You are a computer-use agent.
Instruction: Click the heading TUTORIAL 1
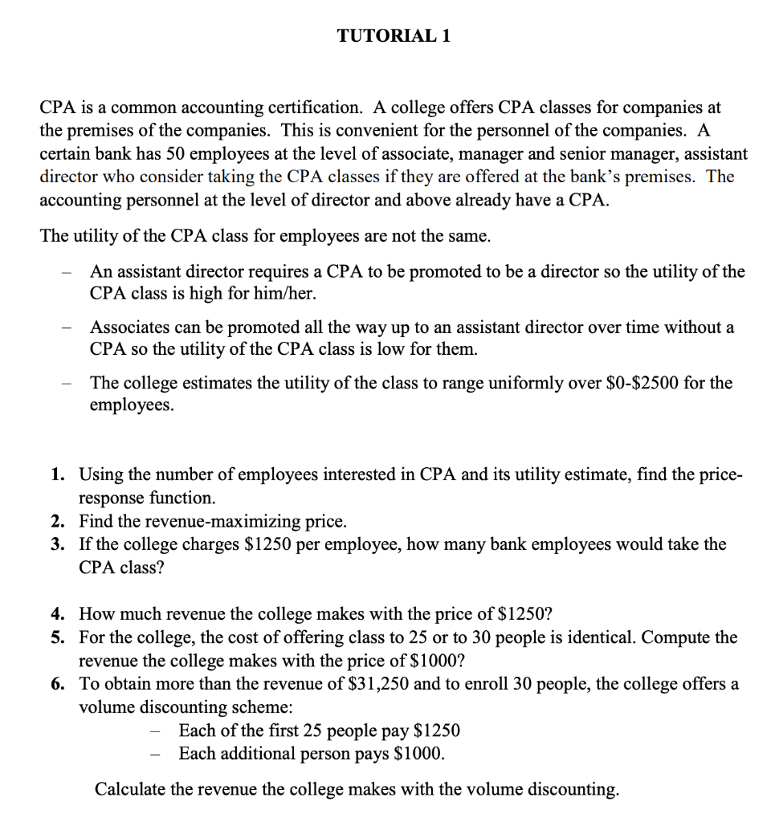pos(393,36)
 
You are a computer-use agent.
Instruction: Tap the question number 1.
pos(58,475)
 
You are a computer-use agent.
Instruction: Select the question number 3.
pos(58,544)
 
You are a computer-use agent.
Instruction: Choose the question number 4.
pos(58,615)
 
